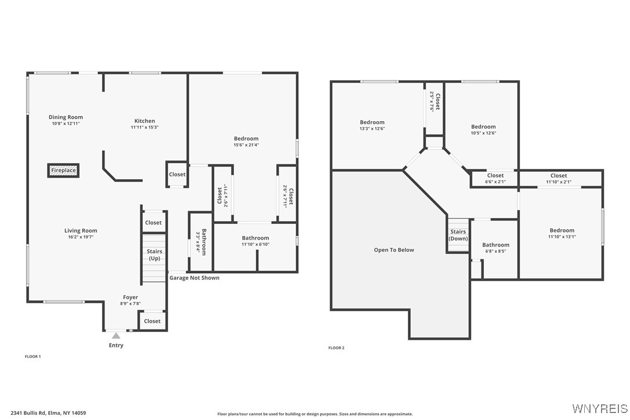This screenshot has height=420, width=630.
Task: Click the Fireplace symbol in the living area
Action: (x=63, y=171)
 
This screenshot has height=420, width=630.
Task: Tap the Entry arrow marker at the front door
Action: (x=116, y=336)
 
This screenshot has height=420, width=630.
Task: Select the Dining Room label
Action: (x=66, y=117)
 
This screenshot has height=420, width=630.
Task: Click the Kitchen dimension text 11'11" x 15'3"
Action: (x=144, y=128)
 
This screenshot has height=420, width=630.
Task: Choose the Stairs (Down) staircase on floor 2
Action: (x=458, y=236)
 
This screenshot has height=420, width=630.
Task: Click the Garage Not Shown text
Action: (x=194, y=278)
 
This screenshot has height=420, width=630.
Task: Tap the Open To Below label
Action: (x=394, y=250)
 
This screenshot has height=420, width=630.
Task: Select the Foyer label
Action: (x=131, y=298)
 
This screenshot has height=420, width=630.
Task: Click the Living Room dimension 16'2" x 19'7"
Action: (x=81, y=237)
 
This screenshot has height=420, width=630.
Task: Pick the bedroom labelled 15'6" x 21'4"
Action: (x=246, y=142)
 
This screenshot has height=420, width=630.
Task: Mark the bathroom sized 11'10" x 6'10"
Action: (x=255, y=241)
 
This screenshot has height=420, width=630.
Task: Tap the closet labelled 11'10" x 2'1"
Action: (x=559, y=179)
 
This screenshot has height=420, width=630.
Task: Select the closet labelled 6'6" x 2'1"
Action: (x=495, y=179)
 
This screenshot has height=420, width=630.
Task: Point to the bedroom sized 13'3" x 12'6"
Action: (x=372, y=125)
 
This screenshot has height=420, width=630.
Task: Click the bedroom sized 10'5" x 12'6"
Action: (x=483, y=130)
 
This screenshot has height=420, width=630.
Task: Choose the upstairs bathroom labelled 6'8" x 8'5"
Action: (x=495, y=248)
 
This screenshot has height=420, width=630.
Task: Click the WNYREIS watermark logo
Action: (x=599, y=408)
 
